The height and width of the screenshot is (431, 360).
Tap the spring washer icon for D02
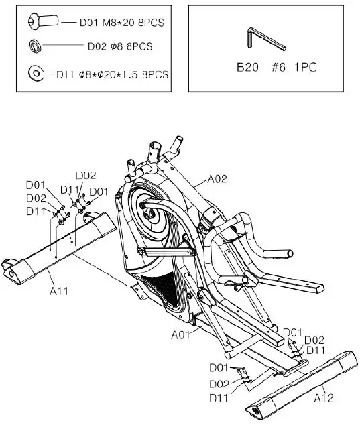click(x=34, y=46)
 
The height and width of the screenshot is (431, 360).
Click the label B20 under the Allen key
click(x=249, y=68)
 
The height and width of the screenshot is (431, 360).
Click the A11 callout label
click(x=59, y=290)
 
